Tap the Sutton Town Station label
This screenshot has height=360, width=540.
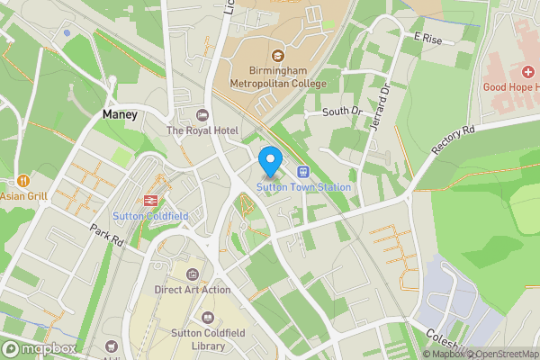point(302,187)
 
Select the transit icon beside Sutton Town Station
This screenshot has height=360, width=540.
point(302,171)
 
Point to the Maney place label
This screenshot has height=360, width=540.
point(120,115)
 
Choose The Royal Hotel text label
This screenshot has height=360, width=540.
point(202,130)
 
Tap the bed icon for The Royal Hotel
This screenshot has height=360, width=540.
point(202,114)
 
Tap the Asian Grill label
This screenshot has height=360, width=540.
point(23,194)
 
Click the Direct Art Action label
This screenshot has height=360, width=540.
point(192,290)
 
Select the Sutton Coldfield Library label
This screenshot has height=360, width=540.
point(209,338)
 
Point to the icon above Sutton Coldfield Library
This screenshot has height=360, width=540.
point(209,317)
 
